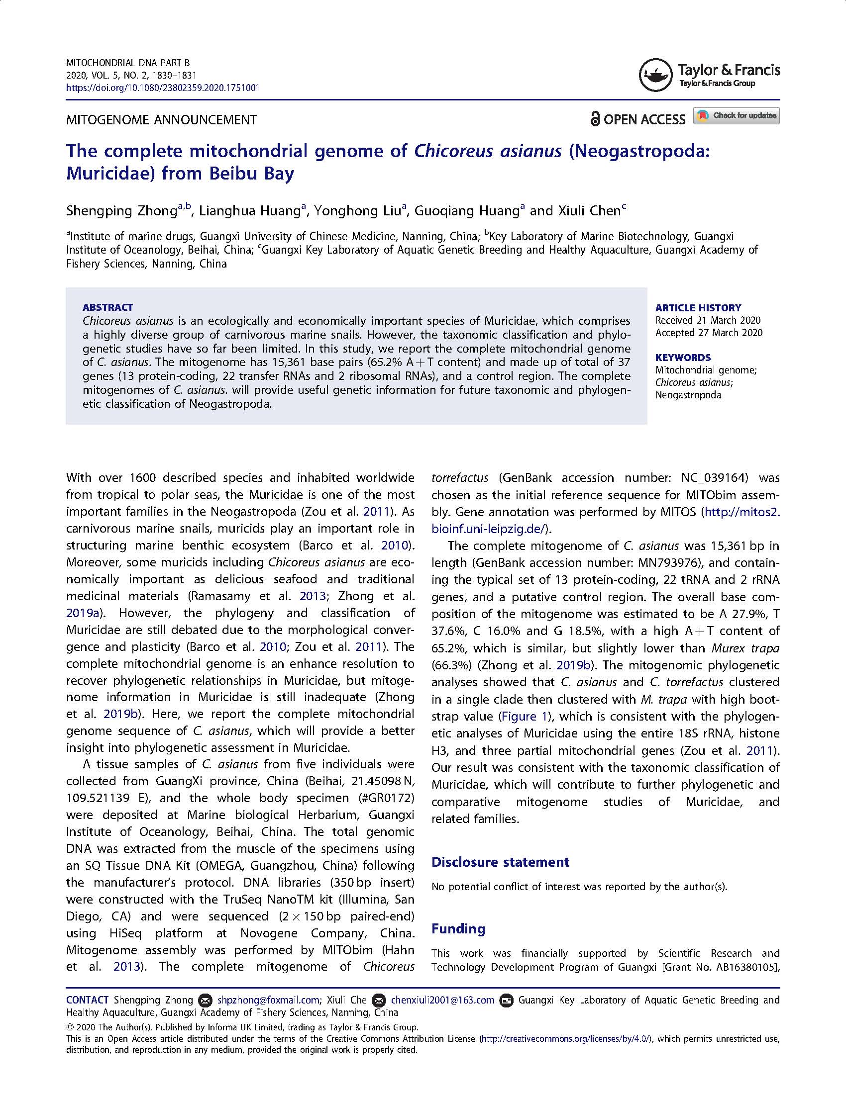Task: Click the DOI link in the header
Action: pos(163,88)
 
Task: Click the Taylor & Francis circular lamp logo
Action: pos(655,75)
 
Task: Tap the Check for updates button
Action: pos(736,116)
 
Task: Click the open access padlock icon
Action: pos(595,119)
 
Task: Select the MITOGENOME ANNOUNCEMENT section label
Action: pos(161,120)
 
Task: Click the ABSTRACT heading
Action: pos(108,307)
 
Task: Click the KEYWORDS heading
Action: pos(683,358)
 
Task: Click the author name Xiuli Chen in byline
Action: pos(589,211)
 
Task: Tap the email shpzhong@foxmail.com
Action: pos(268,1000)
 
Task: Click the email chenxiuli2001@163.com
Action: pos(442,1000)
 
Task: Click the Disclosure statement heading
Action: pos(500,862)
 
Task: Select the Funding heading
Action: pos(458,929)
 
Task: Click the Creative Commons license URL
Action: pos(566,1039)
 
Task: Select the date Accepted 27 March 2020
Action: pos(709,333)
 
